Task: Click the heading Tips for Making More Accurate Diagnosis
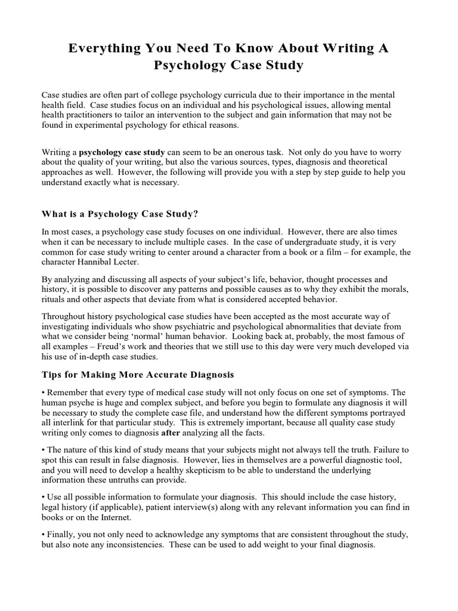coord(138,375)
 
